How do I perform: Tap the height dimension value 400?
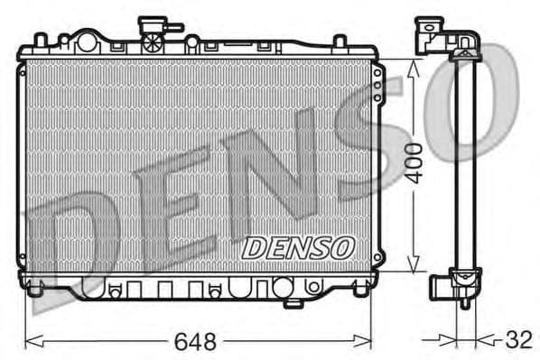414,163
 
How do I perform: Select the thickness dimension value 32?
517,341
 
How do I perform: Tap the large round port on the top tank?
86,42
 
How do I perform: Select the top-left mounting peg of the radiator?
39,40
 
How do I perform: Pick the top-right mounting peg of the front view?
340,41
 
